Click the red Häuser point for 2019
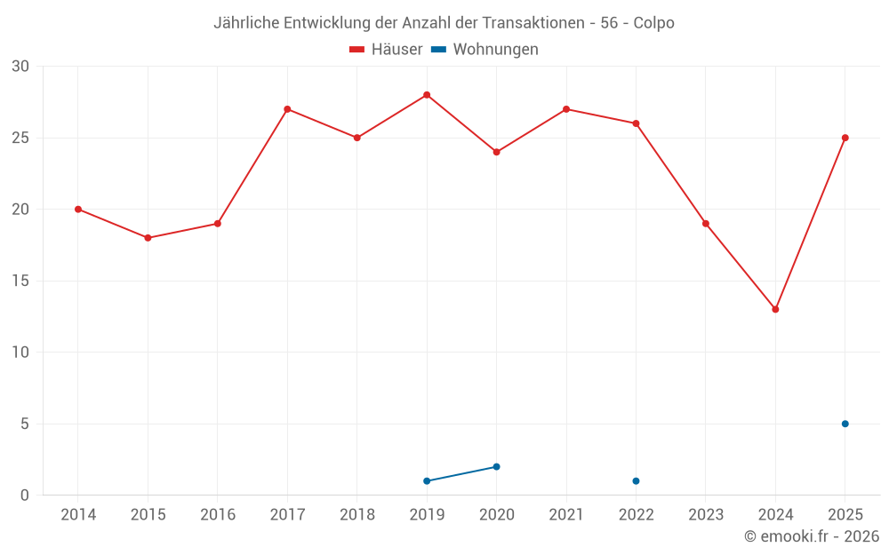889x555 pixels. tap(427, 95)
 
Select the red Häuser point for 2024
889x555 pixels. tap(775, 309)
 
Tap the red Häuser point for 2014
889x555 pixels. tap(78, 210)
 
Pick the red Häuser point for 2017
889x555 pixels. tap(287, 109)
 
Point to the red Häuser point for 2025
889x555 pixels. tap(845, 138)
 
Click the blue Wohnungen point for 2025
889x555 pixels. tap(845, 424)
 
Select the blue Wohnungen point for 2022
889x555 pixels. tap(637, 480)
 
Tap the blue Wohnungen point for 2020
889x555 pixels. tap(497, 467)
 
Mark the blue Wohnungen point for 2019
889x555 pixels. tap(427, 480)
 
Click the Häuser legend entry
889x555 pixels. tap(386, 49)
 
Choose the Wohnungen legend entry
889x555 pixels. tap(485, 49)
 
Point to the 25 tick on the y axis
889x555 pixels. tap(20, 138)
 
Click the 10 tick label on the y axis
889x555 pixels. tap(20, 353)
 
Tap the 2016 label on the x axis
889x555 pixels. tap(218, 514)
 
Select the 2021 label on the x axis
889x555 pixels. tap(566, 514)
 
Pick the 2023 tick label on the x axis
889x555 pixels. tap(706, 514)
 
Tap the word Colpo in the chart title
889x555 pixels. tap(653, 23)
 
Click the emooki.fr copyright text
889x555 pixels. tap(812, 535)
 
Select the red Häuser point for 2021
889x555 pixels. tap(566, 109)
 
